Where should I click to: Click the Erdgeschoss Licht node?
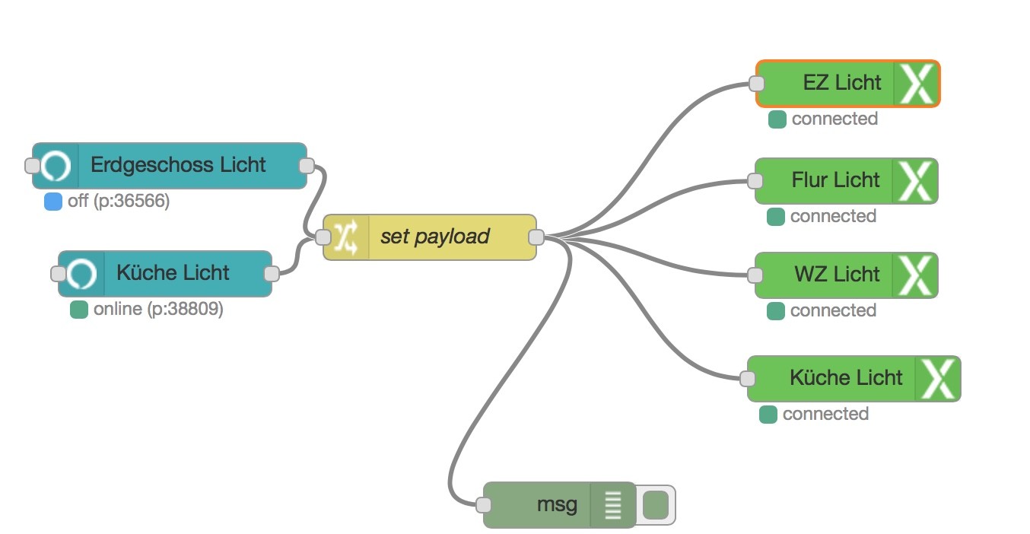(x=178, y=165)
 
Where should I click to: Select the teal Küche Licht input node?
(x=173, y=273)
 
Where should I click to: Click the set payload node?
(x=434, y=237)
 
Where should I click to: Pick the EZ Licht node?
(x=841, y=83)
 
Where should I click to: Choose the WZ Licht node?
(x=837, y=275)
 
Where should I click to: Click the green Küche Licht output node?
(x=846, y=378)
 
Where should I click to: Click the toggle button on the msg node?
(x=655, y=504)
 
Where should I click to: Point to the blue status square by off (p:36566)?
(x=53, y=202)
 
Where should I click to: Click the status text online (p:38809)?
(x=158, y=310)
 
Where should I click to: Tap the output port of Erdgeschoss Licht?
(x=307, y=165)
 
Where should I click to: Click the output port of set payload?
(x=536, y=237)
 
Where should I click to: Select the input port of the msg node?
(x=483, y=504)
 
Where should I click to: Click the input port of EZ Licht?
(x=756, y=83)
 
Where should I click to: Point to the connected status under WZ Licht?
(x=833, y=310)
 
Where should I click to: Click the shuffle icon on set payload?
(x=346, y=237)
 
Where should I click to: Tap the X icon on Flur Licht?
(x=916, y=180)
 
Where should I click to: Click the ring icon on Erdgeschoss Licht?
(x=56, y=165)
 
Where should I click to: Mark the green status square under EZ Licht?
(x=777, y=119)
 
